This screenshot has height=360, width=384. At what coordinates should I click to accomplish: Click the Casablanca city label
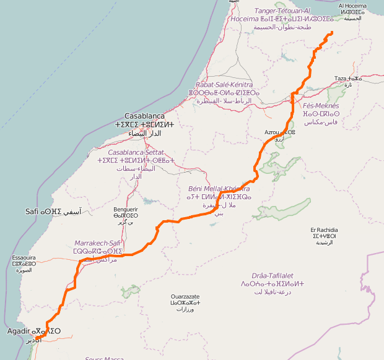[144, 116]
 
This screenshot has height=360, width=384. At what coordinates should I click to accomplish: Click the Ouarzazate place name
[185, 297]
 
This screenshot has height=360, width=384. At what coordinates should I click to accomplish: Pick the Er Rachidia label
[325, 230]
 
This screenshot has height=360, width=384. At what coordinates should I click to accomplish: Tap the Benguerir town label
[125, 209]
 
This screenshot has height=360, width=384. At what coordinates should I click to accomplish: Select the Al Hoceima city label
[352, 6]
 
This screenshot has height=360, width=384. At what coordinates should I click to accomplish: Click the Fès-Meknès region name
[321, 106]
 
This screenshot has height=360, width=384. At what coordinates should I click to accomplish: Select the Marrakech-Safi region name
[97, 243]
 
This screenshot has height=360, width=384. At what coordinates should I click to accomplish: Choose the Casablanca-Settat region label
[135, 152]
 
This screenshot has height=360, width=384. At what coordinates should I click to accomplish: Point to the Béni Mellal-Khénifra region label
[219, 189]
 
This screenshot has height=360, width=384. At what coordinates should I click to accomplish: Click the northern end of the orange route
[332, 32]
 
